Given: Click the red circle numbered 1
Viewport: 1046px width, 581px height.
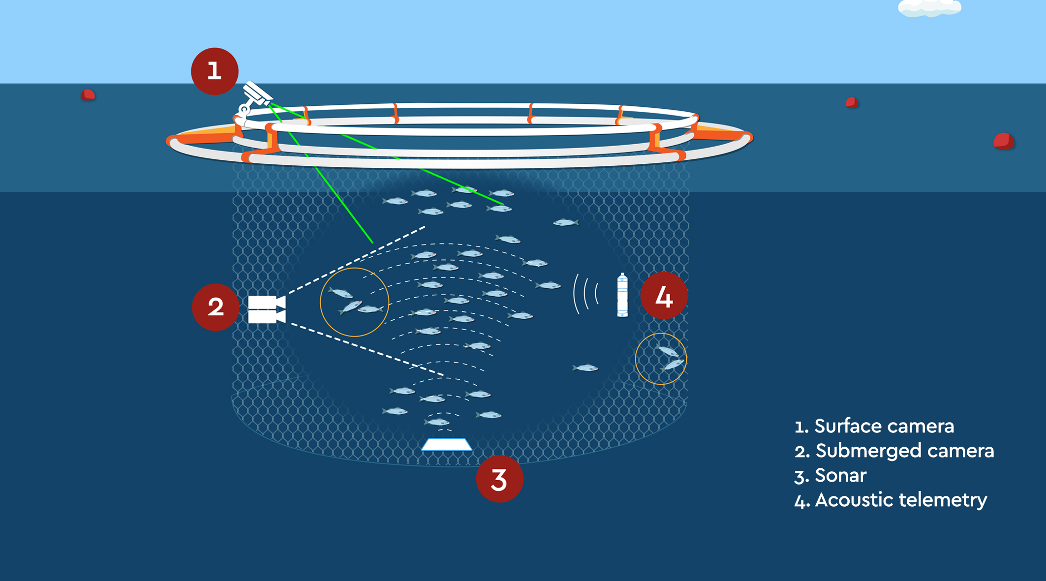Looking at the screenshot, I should (215, 71).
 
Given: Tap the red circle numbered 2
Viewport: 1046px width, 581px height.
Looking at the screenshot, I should (215, 307).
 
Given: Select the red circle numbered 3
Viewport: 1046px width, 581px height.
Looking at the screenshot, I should (499, 479).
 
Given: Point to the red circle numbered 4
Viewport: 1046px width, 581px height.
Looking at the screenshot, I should (664, 296).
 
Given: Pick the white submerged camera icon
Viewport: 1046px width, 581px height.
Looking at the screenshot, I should (266, 309).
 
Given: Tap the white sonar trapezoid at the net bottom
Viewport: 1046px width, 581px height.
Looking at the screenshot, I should (447, 445).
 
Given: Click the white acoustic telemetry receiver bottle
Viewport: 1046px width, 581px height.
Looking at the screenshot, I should (622, 295).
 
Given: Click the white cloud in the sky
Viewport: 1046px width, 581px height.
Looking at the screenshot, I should (929, 8).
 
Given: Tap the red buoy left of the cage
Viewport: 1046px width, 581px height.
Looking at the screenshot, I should (88, 95).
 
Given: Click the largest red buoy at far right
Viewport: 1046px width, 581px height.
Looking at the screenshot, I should (1004, 141).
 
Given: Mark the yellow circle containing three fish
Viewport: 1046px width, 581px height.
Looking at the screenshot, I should (354, 302).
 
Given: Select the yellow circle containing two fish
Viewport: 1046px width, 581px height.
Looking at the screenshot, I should (661, 359).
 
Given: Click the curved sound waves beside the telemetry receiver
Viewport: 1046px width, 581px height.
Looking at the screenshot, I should (585, 294).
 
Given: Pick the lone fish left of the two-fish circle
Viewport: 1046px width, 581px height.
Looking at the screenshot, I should (585, 368).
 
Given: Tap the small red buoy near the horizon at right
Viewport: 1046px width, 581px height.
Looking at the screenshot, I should (852, 102).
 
